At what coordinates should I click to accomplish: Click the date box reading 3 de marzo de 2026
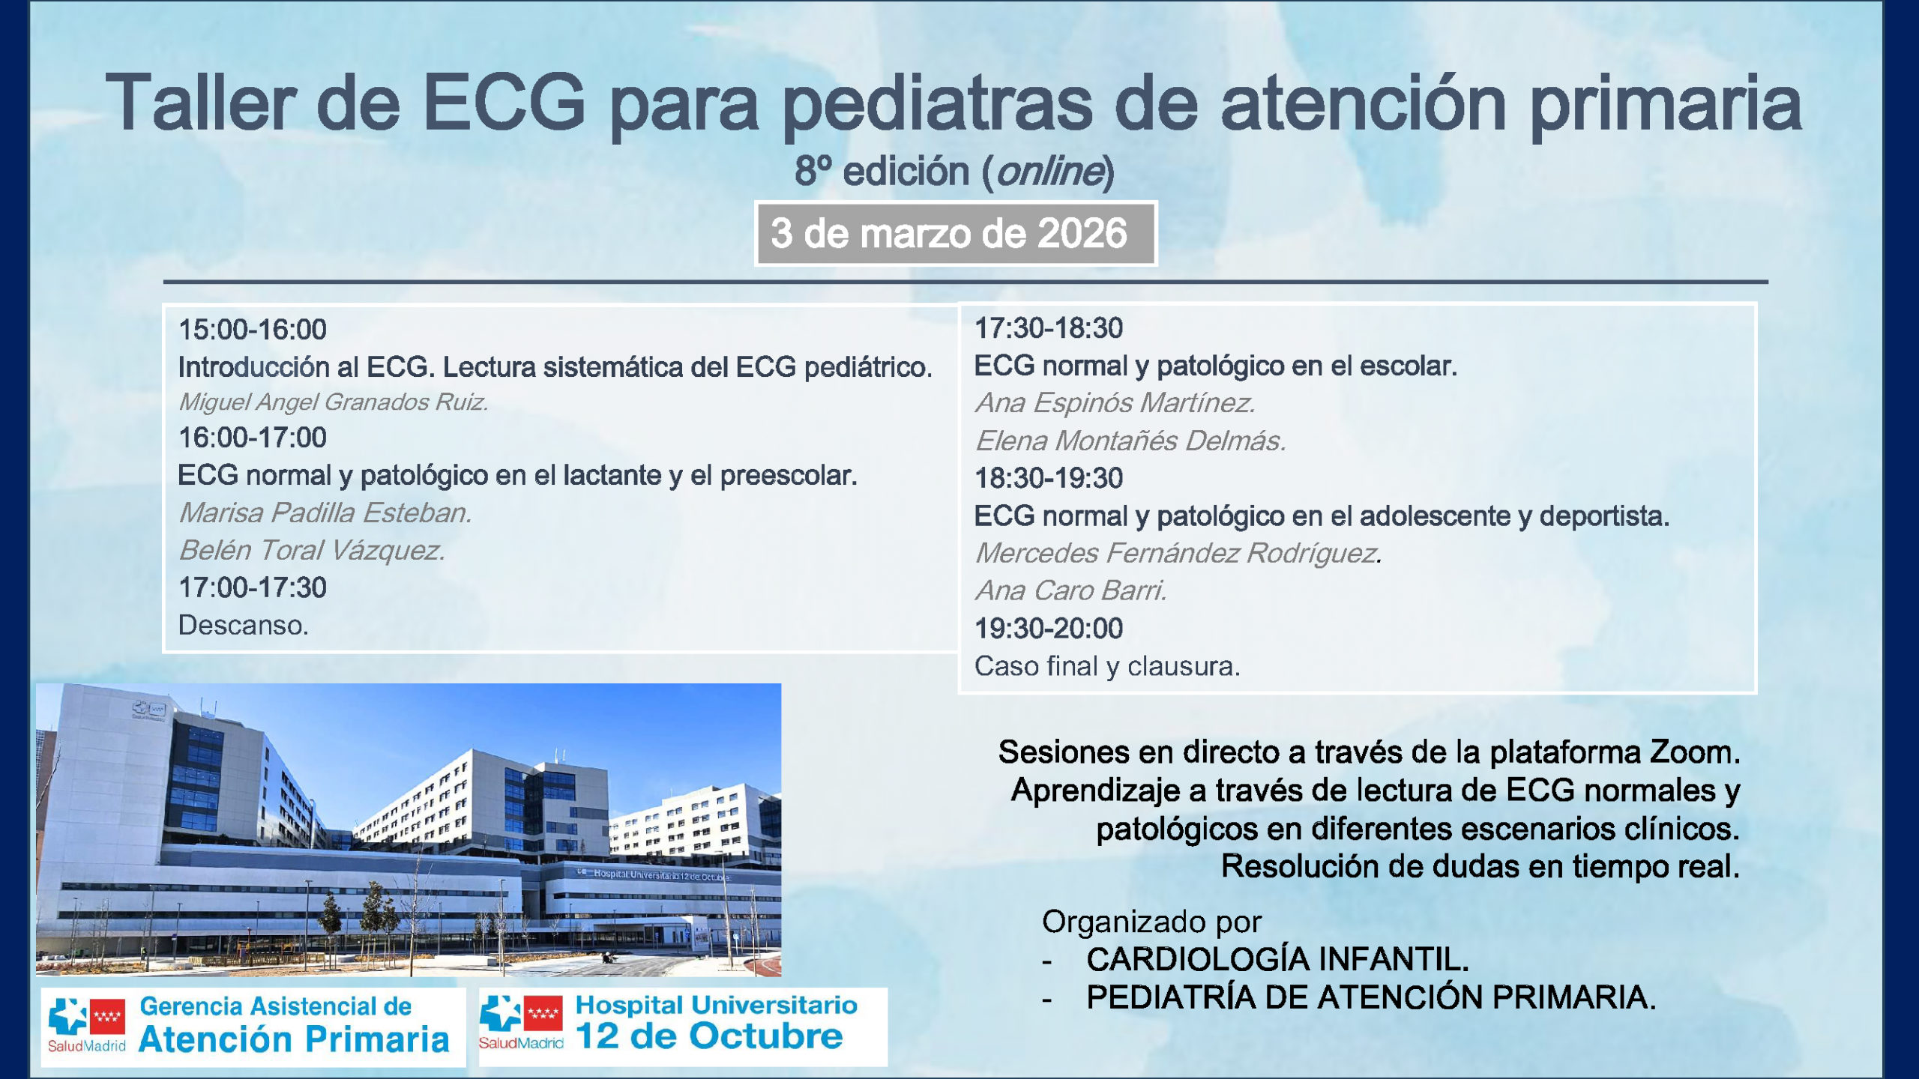[x=956, y=234]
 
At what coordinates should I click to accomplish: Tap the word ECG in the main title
[x=504, y=103]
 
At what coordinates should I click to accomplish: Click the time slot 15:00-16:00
[x=253, y=330]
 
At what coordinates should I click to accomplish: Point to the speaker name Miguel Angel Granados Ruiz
[x=333, y=402]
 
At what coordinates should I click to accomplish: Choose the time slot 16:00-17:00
[x=253, y=438]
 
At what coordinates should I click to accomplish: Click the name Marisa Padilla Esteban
[x=325, y=513]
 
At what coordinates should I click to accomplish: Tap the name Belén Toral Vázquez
[x=312, y=551]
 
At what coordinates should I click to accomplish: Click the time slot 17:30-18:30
[x=1049, y=328]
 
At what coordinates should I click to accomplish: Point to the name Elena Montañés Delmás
[x=1130, y=441]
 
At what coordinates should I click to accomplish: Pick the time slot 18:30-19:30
[x=1049, y=478]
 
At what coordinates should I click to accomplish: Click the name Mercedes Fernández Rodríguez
[x=1178, y=553]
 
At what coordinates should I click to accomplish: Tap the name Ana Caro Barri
[x=1071, y=590]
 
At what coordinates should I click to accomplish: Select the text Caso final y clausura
[x=1107, y=666]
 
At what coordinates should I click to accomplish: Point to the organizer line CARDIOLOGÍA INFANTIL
[x=1277, y=959]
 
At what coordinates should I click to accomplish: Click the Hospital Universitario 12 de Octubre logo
[x=683, y=1027]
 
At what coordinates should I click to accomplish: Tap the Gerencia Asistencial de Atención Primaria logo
[x=253, y=1027]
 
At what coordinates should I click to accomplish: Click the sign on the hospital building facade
[x=654, y=874]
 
